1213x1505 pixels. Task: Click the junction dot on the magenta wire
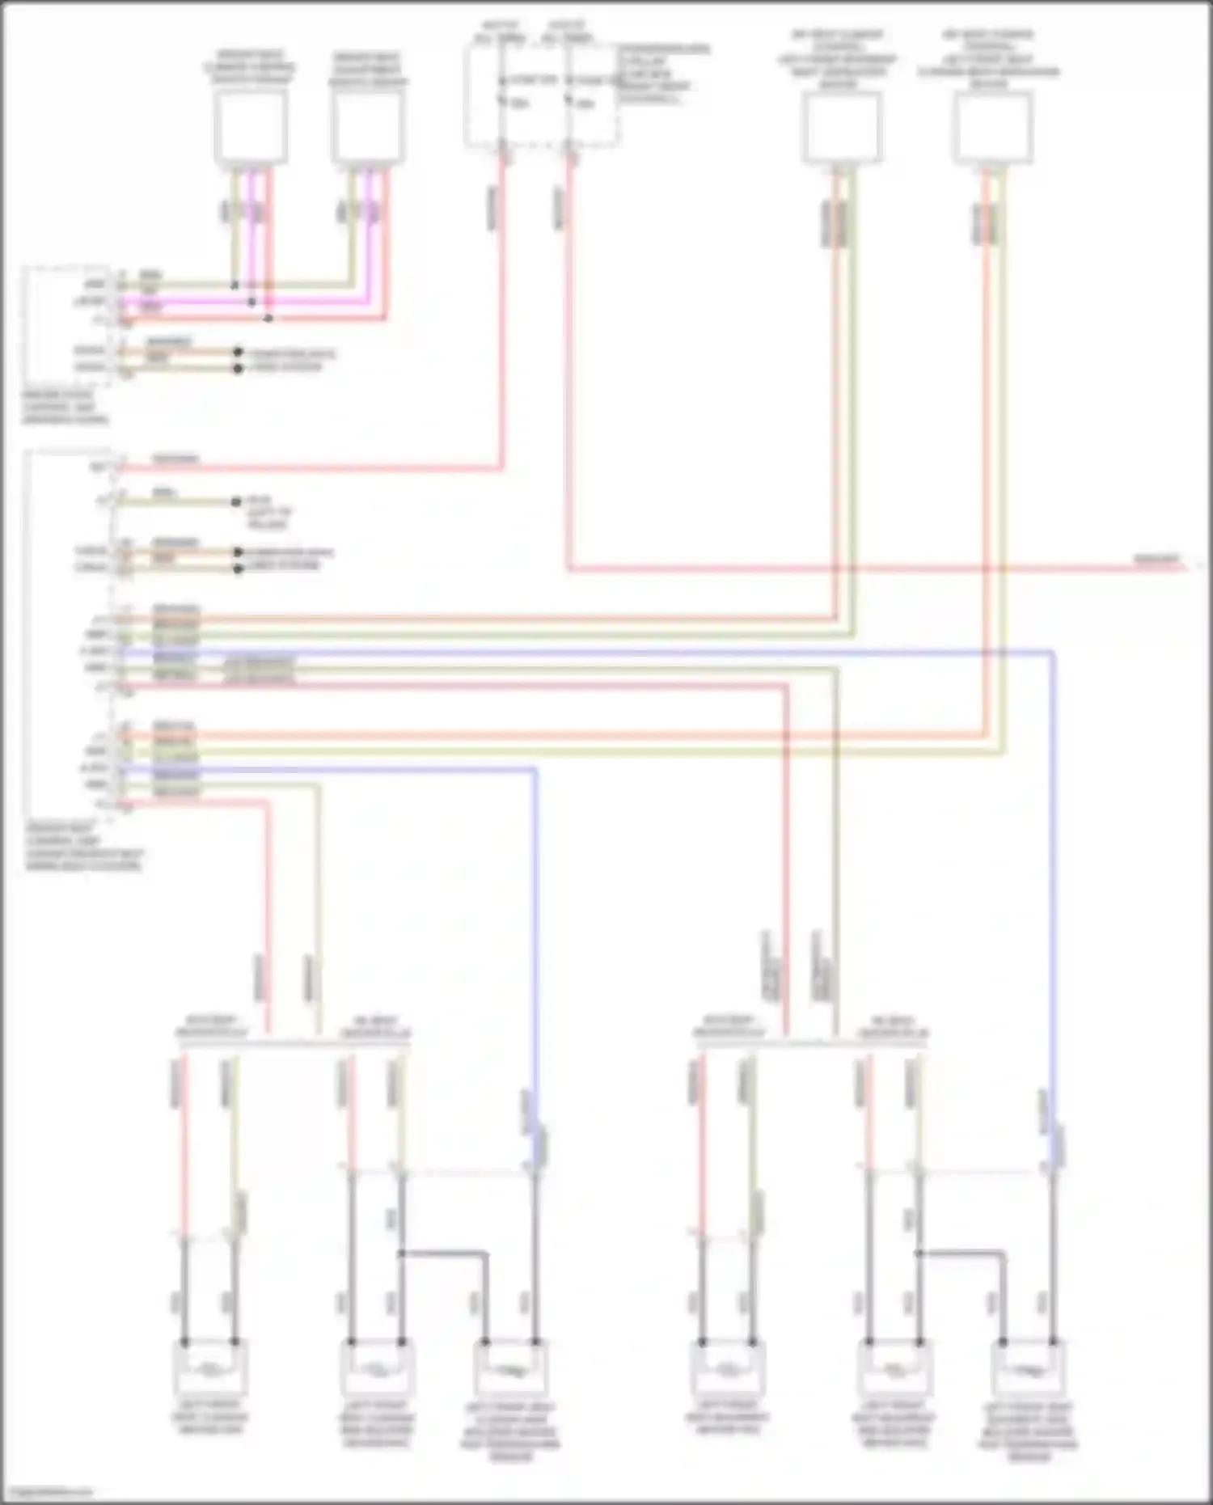[251, 302]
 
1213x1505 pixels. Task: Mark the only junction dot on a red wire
[268, 319]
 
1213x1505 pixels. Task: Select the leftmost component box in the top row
[251, 127]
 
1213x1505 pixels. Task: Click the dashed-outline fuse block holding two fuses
[541, 95]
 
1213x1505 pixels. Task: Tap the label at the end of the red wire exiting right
[1156, 560]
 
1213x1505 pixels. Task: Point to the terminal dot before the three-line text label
[236, 501]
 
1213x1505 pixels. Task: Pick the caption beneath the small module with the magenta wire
[65, 408]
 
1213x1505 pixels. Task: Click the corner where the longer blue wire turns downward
[1053, 652]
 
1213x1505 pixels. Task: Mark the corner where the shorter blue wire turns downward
[535, 769]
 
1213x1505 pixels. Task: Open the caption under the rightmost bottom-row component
[1027, 1431]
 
